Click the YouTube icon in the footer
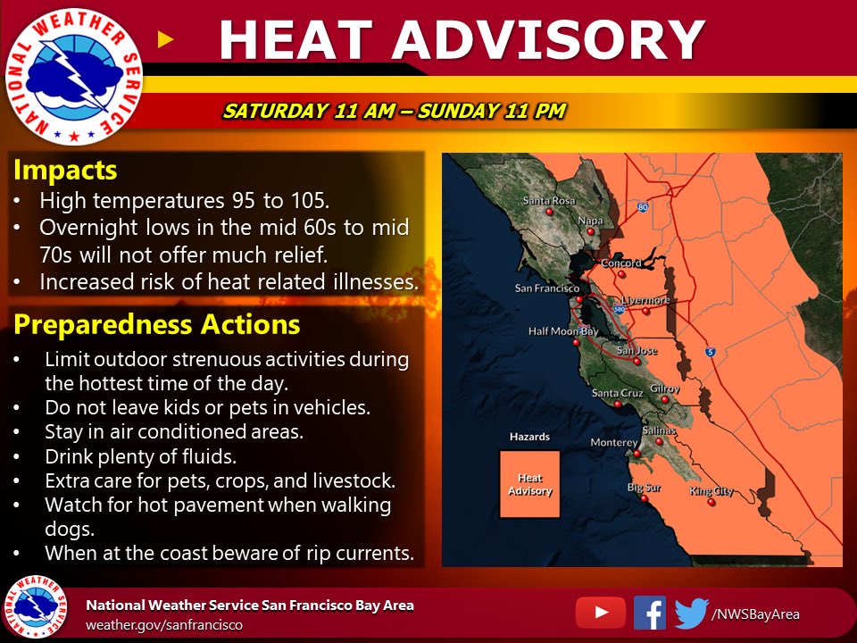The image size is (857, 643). pos(600,613)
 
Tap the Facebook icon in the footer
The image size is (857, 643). pos(650,613)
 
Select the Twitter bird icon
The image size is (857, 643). pos(691,613)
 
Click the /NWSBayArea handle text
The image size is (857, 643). pos(755,614)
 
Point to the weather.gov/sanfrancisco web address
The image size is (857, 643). pos(163,624)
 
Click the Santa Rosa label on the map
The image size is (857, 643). pos(549,201)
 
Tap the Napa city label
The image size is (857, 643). pos(591,220)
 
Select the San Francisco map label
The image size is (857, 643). pos(547,288)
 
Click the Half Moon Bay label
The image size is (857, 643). pos(563,330)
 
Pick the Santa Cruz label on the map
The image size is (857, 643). pos(617,393)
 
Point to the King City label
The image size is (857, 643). pos(711,491)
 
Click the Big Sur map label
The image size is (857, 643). pos(644,488)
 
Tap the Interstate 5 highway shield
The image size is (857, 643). pos(711,350)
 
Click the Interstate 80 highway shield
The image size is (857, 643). pos(642,207)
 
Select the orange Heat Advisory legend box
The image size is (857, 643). pos(529,484)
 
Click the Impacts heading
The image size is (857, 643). pos(65,170)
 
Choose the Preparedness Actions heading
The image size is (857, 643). pos(157,323)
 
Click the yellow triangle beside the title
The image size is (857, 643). pos(163,38)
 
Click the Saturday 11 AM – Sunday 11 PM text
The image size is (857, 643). pos(394,112)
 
